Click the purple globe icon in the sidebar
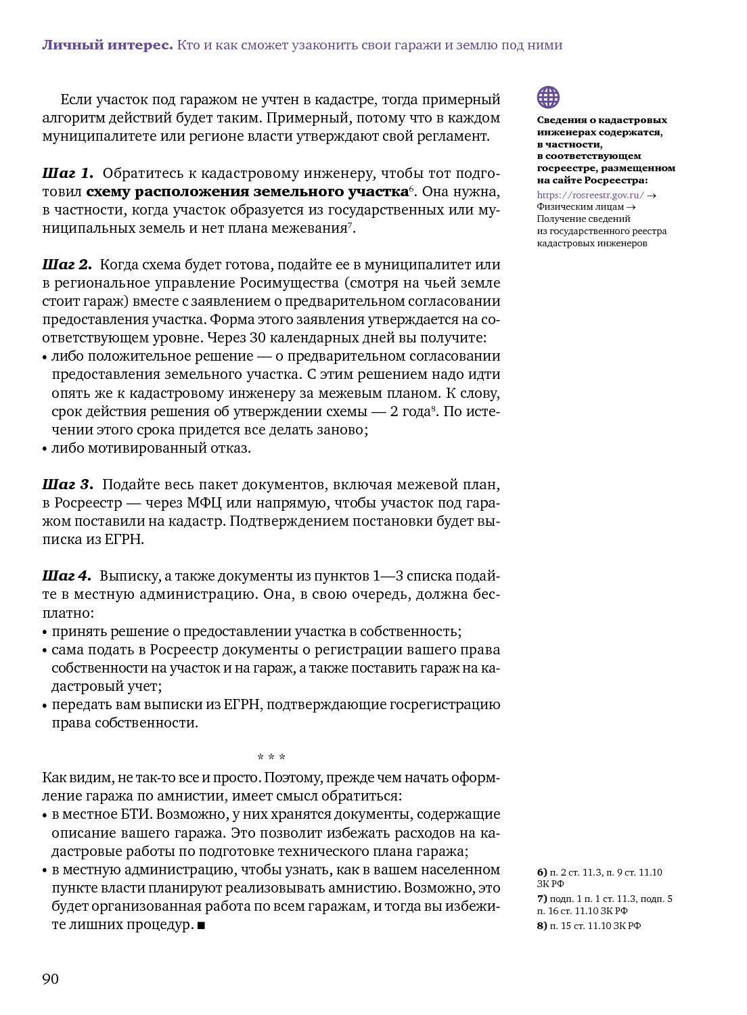pyautogui.click(x=548, y=97)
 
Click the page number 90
pyautogui.click(x=51, y=979)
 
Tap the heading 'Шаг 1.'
pyautogui.click(x=68, y=173)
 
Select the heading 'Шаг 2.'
pyautogui.click(x=67, y=265)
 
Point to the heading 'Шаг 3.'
pyautogui.click(x=68, y=484)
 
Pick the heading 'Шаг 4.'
pyautogui.click(x=66, y=576)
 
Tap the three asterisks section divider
pyautogui.click(x=271, y=757)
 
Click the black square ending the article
pyautogui.click(x=201, y=925)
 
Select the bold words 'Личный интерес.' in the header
pyautogui.click(x=108, y=45)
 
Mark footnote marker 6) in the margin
pyautogui.click(x=542, y=872)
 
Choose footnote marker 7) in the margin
pyautogui.click(x=542, y=899)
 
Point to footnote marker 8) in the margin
pyautogui.click(x=542, y=926)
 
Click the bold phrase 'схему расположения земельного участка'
pyautogui.click(x=247, y=191)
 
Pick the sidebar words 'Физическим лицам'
pyautogui.click(x=581, y=207)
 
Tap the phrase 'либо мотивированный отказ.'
pyautogui.click(x=151, y=448)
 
